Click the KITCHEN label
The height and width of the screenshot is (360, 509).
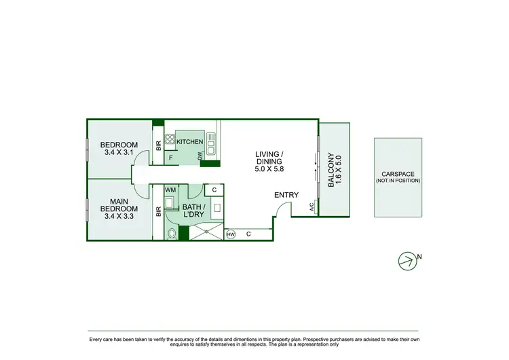click(190, 141)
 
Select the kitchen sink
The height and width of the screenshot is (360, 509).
click(212, 143)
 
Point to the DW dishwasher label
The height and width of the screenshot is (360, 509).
click(200, 156)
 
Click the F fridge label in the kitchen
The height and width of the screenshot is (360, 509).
click(171, 158)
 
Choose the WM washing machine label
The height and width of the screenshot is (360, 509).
click(170, 190)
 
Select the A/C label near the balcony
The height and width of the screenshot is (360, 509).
click(312, 206)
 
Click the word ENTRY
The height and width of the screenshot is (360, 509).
click(286, 195)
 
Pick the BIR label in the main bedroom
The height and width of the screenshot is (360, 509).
click(159, 212)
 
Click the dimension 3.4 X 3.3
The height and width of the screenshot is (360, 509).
click(119, 217)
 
